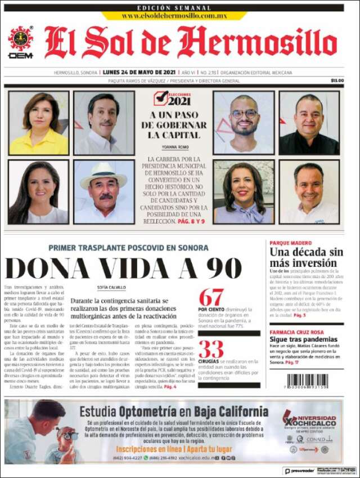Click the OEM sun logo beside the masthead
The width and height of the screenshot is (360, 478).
[x=20, y=39]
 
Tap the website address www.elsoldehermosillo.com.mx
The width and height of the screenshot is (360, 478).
[x=174, y=16]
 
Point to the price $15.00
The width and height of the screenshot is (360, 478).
[x=337, y=81]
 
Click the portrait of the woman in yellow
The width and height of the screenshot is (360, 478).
[x=39, y=123]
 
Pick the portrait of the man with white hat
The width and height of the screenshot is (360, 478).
[x=104, y=191]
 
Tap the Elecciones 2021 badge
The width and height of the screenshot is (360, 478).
[x=173, y=99]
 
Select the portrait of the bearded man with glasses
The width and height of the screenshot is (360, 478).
[x=244, y=123]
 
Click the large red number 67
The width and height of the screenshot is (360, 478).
[x=211, y=297]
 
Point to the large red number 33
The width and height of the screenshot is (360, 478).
[x=211, y=349]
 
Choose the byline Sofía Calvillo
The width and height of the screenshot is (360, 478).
[x=111, y=287]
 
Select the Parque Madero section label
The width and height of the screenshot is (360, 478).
[x=291, y=243]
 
